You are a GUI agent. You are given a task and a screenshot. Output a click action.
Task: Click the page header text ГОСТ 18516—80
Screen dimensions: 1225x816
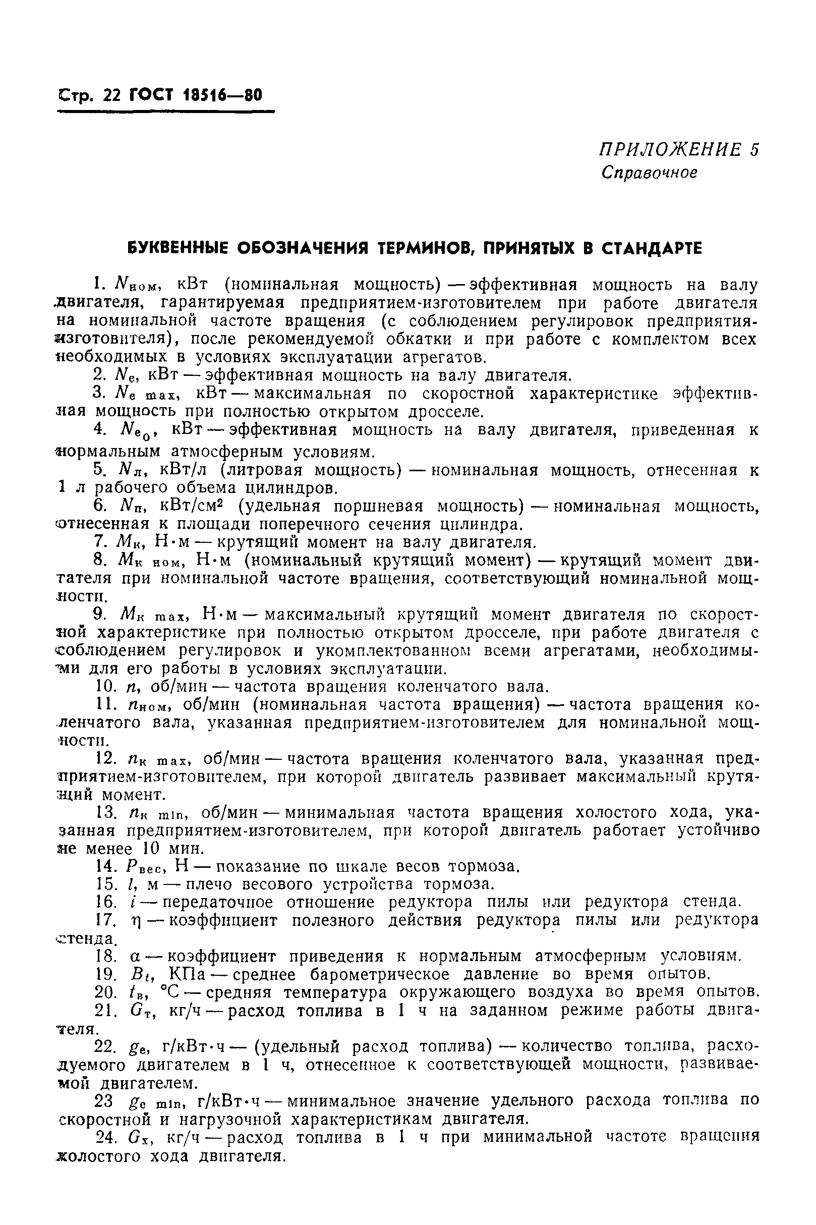coord(195,95)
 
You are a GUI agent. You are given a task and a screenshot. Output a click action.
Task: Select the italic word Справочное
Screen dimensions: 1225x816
coord(649,173)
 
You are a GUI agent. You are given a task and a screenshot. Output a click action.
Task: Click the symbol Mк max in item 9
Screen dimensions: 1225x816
coord(150,615)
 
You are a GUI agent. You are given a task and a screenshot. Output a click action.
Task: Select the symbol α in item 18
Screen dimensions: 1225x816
coord(135,957)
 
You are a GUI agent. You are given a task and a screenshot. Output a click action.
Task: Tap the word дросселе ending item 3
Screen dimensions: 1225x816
coord(445,412)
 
